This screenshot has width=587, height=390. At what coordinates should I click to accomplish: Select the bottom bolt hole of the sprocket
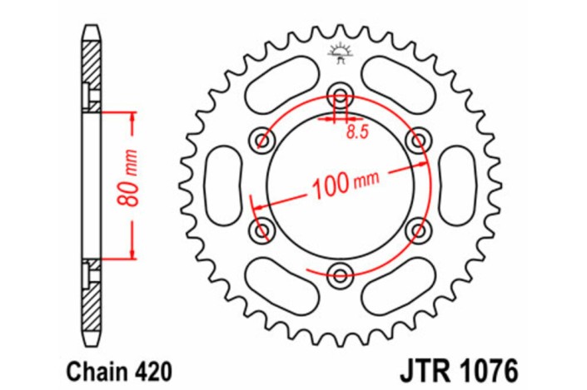[x=340, y=272]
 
